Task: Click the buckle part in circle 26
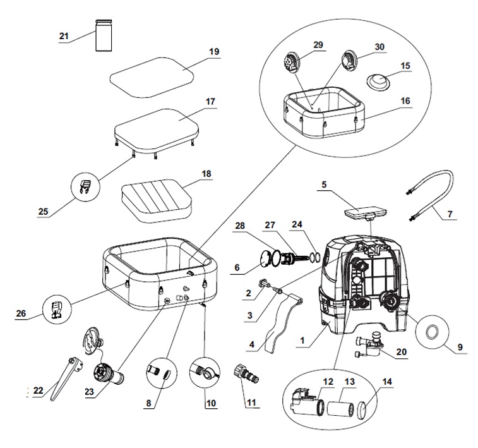click(x=56, y=309)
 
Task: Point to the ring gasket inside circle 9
click(x=433, y=331)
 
